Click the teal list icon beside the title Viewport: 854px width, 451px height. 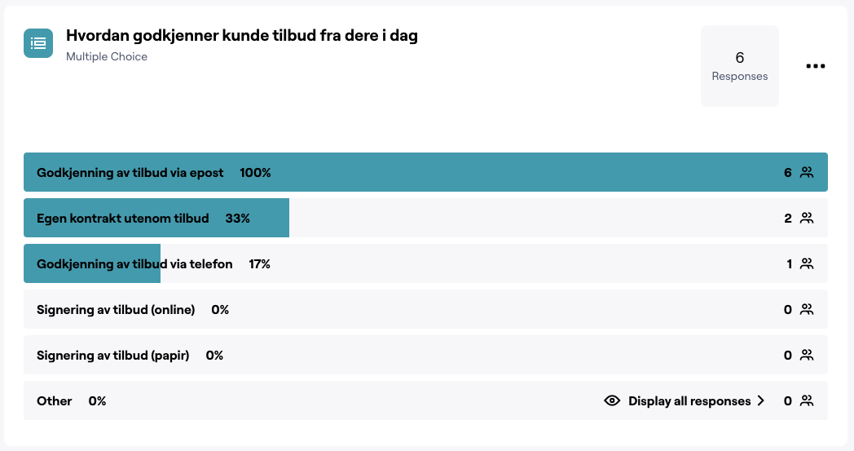pos(38,42)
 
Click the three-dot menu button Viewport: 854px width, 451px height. pos(815,66)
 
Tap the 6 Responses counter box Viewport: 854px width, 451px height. pos(739,66)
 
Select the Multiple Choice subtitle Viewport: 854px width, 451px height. pos(107,57)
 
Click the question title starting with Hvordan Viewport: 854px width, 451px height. pos(241,36)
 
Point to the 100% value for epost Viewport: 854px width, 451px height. pos(255,173)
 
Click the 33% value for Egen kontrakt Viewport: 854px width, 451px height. pos(237,219)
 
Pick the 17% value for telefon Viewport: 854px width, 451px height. pos(259,264)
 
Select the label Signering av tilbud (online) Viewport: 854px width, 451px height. pos(116,310)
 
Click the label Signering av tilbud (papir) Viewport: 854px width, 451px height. pos(112,356)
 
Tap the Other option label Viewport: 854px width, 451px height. pos(55,401)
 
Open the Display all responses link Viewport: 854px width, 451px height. pos(689,401)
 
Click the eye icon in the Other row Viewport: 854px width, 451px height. pos(612,401)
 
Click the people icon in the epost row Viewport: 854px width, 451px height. pos(807,173)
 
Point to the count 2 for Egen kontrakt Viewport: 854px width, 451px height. pos(788,219)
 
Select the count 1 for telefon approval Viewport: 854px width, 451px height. pos(789,264)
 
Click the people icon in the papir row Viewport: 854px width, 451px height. pos(807,356)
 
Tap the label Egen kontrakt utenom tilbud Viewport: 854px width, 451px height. pos(123,219)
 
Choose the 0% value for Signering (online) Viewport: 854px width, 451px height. pos(220,310)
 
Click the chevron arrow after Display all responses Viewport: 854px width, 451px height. pos(760,401)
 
